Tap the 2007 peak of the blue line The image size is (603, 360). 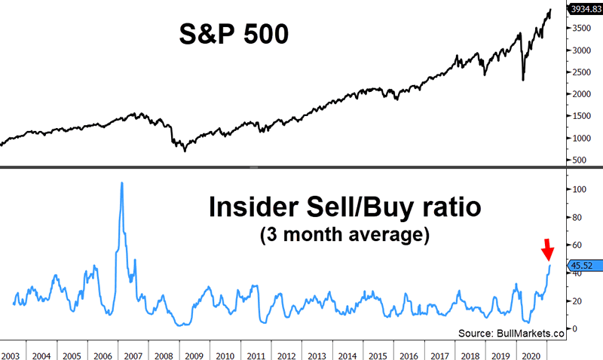(121, 183)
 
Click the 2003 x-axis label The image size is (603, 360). (12, 354)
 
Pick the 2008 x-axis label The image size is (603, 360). (159, 354)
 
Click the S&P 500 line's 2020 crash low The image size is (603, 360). (522, 80)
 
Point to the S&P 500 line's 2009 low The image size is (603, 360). (185, 151)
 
